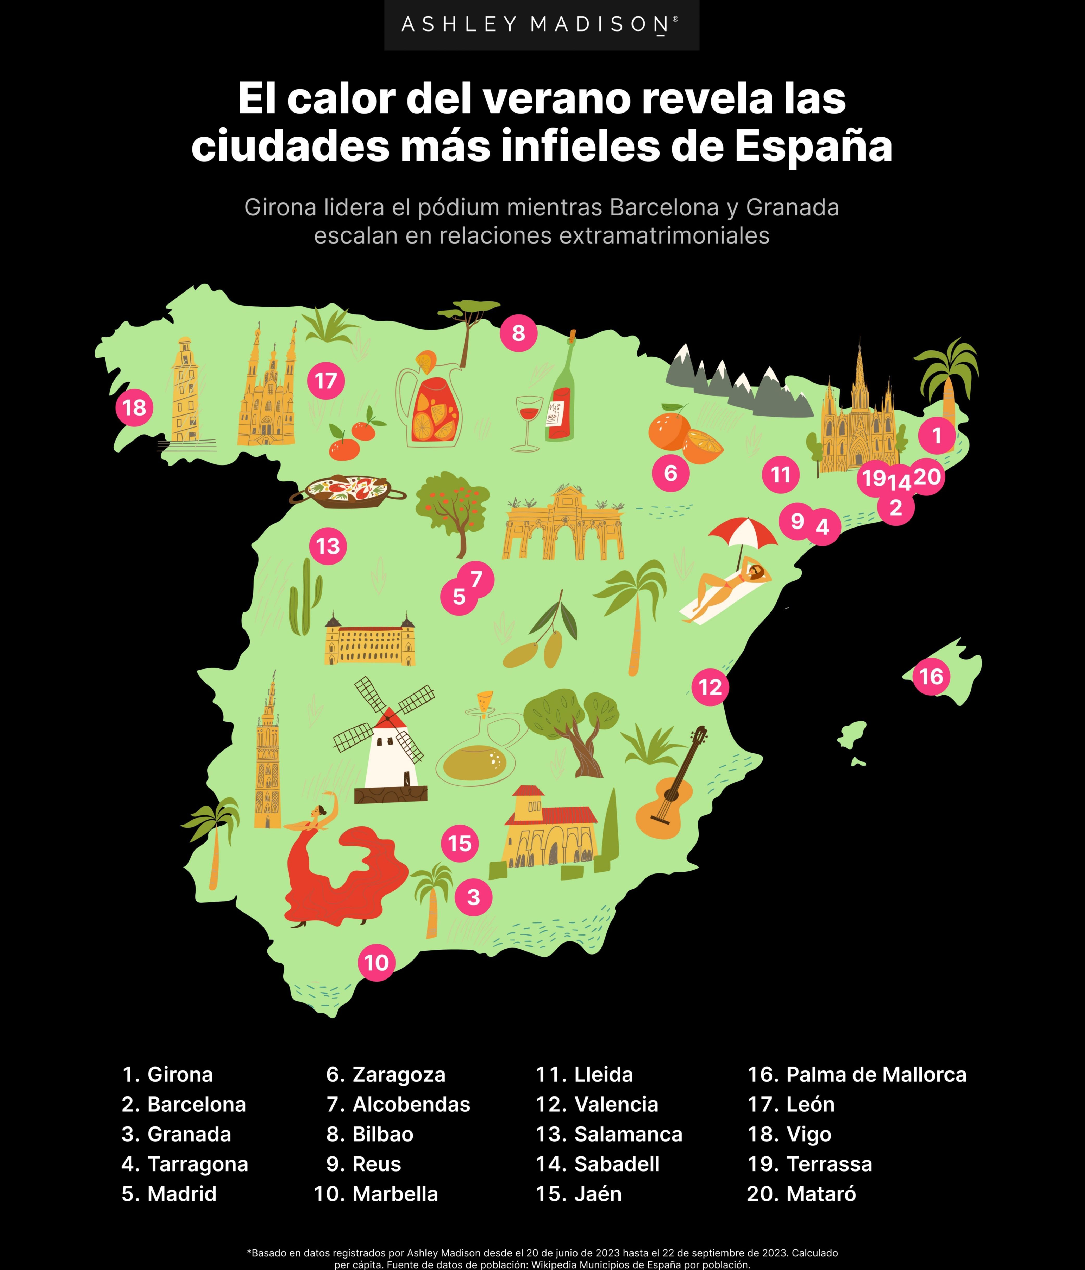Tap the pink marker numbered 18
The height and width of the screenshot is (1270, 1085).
point(134,408)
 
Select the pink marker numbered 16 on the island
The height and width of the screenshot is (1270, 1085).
point(931,677)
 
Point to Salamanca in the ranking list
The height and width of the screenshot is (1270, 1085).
point(609,1134)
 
